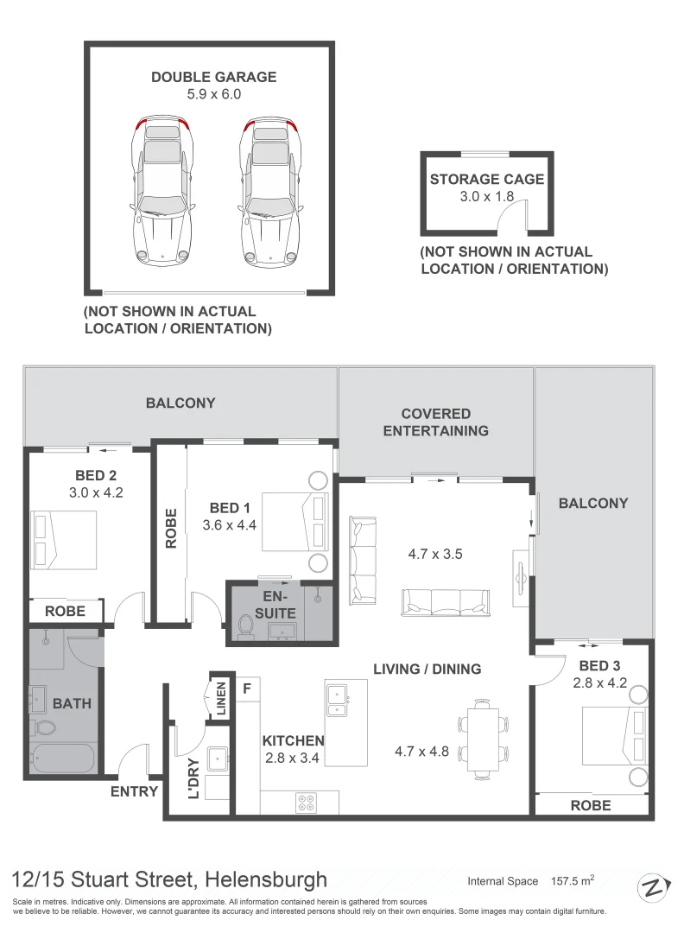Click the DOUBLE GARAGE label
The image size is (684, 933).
tap(213, 78)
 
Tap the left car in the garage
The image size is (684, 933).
tap(162, 189)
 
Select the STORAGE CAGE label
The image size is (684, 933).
tap(487, 179)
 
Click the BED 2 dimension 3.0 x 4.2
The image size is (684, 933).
tap(96, 492)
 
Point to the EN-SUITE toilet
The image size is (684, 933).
tap(245, 626)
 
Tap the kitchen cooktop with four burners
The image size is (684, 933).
tap(307, 803)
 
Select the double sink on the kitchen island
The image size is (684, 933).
tap(338, 701)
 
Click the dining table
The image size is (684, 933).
tap(483, 739)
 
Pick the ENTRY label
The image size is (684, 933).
tap(135, 791)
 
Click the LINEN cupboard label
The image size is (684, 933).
tap(221, 699)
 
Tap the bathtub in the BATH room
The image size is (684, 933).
tap(62, 758)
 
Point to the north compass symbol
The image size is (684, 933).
tap(654, 889)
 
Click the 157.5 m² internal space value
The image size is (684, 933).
tap(573, 880)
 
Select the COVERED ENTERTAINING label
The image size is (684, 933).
tap(436, 422)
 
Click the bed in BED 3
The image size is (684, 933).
tap(613, 736)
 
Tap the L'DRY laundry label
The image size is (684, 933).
tap(193, 779)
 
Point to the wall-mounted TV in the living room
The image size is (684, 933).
tap(521, 576)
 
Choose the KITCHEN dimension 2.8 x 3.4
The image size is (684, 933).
tap(292, 758)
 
